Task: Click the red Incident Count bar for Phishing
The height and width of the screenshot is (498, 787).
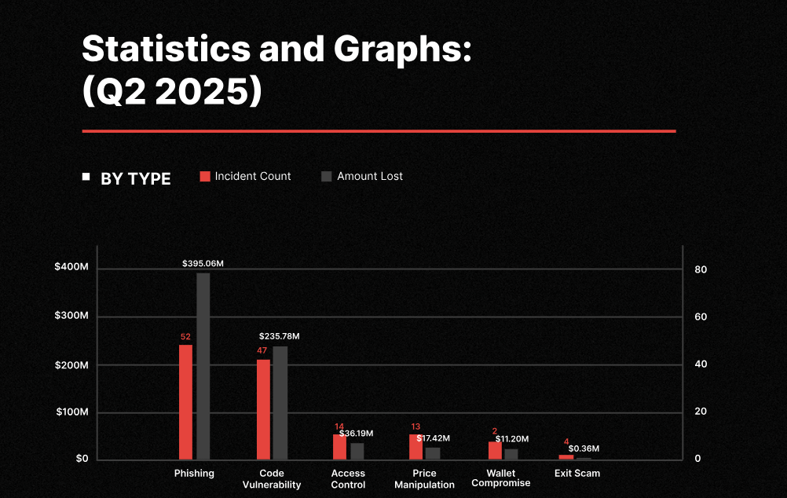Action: (185, 401)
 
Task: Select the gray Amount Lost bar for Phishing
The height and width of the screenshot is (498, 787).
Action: (203, 366)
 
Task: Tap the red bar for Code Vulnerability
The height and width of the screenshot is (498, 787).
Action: (263, 409)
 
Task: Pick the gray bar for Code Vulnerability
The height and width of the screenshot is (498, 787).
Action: (280, 402)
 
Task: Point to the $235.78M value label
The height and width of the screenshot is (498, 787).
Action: (279, 336)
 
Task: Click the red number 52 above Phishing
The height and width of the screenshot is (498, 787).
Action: (185, 337)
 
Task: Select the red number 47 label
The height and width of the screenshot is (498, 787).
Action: (263, 351)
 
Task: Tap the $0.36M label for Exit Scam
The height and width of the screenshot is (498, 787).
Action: (584, 449)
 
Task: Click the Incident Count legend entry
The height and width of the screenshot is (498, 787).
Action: (245, 177)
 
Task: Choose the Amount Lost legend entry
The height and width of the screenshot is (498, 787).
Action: (362, 177)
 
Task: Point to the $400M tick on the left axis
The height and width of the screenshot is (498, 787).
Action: (71, 268)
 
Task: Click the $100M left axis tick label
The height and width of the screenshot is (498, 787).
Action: (71, 412)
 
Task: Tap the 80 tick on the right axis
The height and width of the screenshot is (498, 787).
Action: (701, 269)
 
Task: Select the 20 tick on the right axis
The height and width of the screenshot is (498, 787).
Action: (701, 412)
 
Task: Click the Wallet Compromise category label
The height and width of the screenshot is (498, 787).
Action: (501, 478)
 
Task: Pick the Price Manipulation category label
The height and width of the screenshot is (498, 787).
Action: (424, 478)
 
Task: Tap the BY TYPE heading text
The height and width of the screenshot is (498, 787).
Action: (135, 179)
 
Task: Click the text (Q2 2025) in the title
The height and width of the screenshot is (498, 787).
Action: (171, 92)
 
